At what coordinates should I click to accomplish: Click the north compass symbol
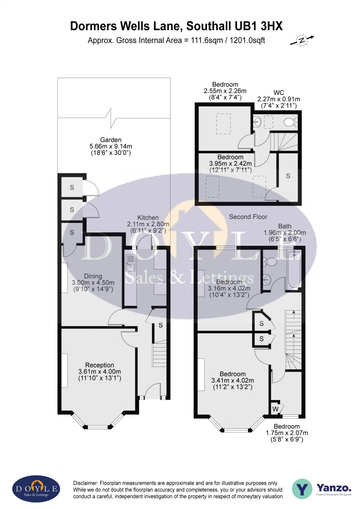(302, 40)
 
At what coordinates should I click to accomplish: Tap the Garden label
(111, 140)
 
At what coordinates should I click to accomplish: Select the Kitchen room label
(148, 218)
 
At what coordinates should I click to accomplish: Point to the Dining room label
(93, 276)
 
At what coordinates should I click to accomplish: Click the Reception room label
(99, 365)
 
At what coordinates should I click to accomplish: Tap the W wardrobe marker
(276, 409)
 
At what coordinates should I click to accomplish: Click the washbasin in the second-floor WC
(257, 121)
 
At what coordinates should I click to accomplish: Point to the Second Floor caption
(248, 217)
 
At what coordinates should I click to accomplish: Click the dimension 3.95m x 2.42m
(230, 164)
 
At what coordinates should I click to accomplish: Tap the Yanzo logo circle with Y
(302, 489)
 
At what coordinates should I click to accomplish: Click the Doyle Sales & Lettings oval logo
(36, 489)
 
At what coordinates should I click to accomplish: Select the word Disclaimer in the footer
(85, 483)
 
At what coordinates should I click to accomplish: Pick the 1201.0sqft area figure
(247, 40)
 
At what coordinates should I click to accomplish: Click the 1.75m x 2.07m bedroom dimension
(287, 433)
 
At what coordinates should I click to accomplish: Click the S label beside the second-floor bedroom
(288, 176)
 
